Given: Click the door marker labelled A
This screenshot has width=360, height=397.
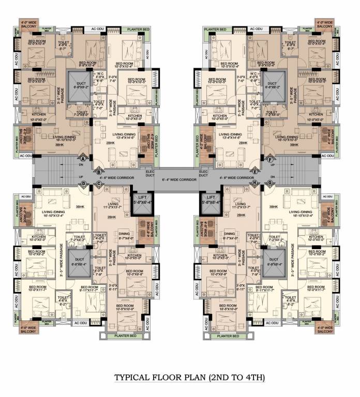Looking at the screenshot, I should pyautogui.click(x=82, y=159).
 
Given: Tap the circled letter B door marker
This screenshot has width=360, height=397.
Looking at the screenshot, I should pyautogui.click(x=99, y=172).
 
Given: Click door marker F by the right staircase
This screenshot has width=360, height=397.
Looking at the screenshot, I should pyautogui.click(x=272, y=159).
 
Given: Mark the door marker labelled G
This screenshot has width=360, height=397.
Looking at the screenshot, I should pyautogui.click(x=269, y=183).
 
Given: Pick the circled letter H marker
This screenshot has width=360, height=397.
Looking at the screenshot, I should pyautogui.click(x=255, y=183).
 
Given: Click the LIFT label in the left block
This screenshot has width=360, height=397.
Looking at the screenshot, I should pyautogui.click(x=143, y=197).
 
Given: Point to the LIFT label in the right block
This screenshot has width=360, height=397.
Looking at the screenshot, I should pyautogui.click(x=211, y=197).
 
